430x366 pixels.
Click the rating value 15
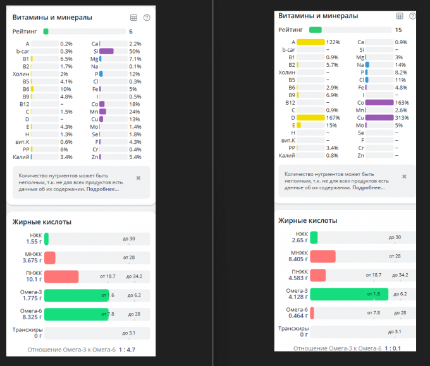pyautogui.click(x=398, y=30)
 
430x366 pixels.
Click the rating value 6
pyautogui.click(x=131, y=31)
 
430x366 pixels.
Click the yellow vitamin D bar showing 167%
pyautogui.click(x=310, y=117)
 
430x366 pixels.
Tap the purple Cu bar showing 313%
pyautogui.click(x=378, y=117)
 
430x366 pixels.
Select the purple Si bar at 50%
pyautogui.click(x=106, y=51)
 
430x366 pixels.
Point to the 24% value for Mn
pyautogui.click(x=134, y=112)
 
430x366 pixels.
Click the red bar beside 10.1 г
pyautogui.click(x=61, y=276)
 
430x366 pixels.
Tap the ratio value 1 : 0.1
pyautogui.click(x=391, y=348)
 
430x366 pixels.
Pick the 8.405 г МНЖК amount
pyautogui.click(x=296, y=259)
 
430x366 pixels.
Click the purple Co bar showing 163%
pyautogui.click(x=378, y=102)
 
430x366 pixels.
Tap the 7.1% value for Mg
pyautogui.click(x=135, y=59)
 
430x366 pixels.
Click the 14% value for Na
pyautogui.click(x=399, y=64)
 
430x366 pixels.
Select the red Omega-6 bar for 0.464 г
pyautogui.click(x=312, y=313)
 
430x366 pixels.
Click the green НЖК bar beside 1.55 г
pyautogui.click(x=47, y=239)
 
